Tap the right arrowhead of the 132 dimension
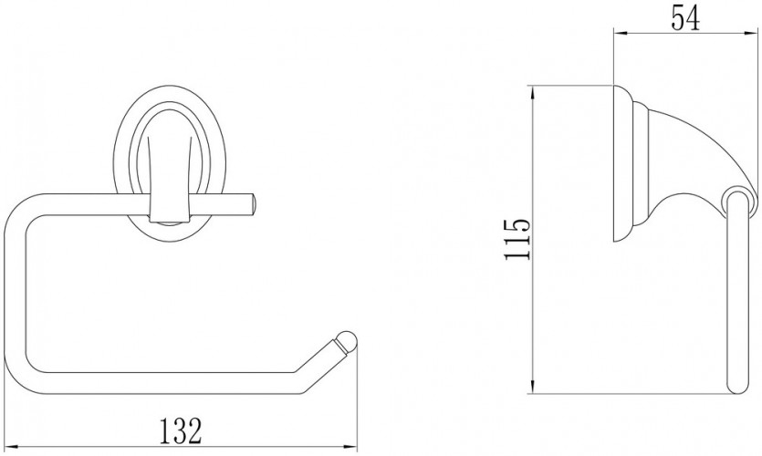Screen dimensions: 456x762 click(x=352, y=446)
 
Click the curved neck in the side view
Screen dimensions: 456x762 click(x=694, y=146)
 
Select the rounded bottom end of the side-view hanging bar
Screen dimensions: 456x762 click(x=738, y=388)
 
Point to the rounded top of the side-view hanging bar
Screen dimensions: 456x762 click(x=736, y=191)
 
